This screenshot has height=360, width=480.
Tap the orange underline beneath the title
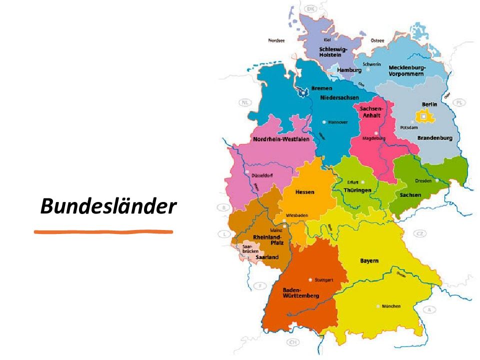pos(103,231)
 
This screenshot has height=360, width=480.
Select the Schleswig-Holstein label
pos(333,52)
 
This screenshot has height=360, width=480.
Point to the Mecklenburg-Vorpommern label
pos(406,70)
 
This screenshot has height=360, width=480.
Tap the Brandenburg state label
pos(436,137)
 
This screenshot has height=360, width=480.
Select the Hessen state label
pos(304,192)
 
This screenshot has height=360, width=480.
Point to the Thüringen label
pos(357,190)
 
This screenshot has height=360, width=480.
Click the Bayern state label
pos(369,260)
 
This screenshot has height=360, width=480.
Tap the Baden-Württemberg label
pos(300,293)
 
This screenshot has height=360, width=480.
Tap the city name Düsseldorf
pos(263,175)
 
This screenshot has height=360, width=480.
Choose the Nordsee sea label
pos(276,40)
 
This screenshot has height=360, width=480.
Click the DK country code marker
pos(310,8)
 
